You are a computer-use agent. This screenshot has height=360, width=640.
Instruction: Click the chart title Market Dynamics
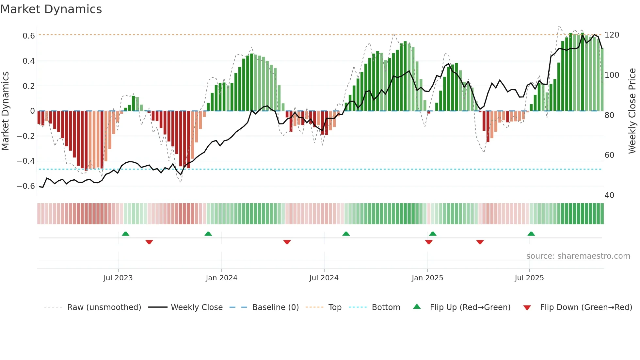(x=51, y=9)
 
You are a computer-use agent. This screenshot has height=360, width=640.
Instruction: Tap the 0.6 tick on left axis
(x=29, y=36)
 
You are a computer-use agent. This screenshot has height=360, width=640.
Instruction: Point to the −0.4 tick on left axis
(x=26, y=161)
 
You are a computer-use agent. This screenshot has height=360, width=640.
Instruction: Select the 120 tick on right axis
(x=612, y=35)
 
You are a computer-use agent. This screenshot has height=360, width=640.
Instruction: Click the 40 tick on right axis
(x=609, y=195)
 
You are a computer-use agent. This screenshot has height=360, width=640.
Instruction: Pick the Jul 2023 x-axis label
(x=118, y=278)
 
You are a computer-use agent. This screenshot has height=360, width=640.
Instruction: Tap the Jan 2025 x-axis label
(x=427, y=278)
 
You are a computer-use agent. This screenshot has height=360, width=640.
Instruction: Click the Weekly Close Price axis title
(x=632, y=111)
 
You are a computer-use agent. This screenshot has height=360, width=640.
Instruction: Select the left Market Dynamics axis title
(x=5, y=111)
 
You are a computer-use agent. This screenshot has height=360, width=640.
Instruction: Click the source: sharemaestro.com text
(x=578, y=256)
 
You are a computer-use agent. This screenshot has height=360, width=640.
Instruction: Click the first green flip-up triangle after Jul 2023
(x=125, y=234)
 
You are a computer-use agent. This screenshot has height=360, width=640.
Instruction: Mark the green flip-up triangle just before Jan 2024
(x=208, y=234)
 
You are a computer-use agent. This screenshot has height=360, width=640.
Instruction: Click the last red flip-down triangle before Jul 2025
(x=480, y=242)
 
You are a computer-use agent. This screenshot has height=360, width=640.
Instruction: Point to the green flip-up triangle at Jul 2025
(x=531, y=234)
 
